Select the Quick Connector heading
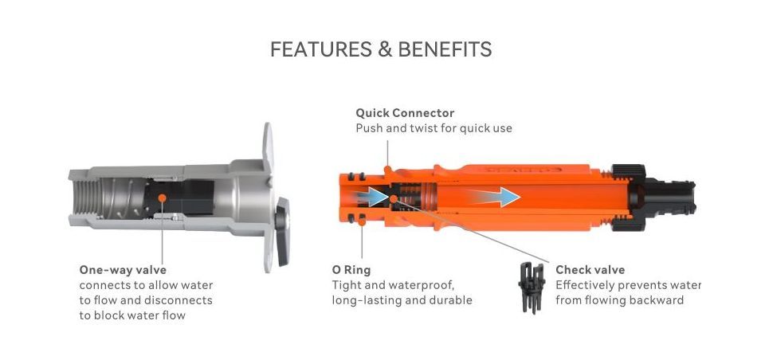click(x=405, y=113)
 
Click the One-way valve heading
click(x=123, y=270)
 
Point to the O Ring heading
click(x=351, y=270)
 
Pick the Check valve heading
click(x=590, y=270)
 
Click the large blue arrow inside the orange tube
click(x=496, y=198)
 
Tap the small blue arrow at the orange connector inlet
click(x=368, y=196)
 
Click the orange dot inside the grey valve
click(x=162, y=198)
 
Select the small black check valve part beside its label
click(x=532, y=288)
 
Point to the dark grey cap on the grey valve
click(x=282, y=232)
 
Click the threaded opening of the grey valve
click(x=88, y=198)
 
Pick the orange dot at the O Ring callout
click(x=362, y=222)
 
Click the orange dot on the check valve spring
click(x=394, y=198)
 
